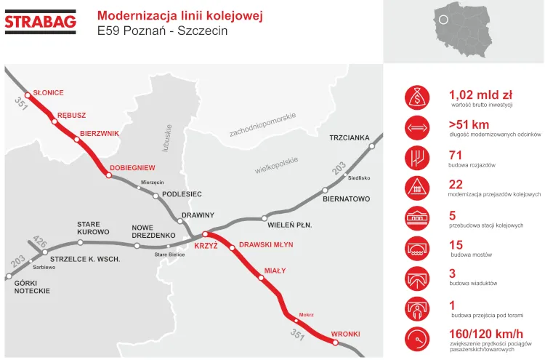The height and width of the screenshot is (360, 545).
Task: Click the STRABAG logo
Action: [41, 22]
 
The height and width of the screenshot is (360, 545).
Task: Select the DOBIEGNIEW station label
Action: [132, 167]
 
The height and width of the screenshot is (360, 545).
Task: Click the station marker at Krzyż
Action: [205, 234]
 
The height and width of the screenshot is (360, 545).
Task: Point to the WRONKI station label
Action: [345, 335]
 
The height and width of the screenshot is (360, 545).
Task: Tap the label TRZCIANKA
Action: [349, 137]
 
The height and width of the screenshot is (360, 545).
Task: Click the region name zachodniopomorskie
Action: [262, 125]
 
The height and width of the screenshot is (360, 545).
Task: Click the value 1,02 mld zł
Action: [480, 95]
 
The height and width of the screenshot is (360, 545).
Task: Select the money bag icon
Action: [417, 97]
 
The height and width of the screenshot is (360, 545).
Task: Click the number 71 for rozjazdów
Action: [456, 155]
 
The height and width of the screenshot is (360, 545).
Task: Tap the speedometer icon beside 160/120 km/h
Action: [417, 338]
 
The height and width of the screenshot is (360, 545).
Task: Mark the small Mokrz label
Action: [306, 315]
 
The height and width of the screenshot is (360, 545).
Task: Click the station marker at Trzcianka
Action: [372, 146]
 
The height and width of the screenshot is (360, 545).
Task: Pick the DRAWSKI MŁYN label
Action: [266, 245]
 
